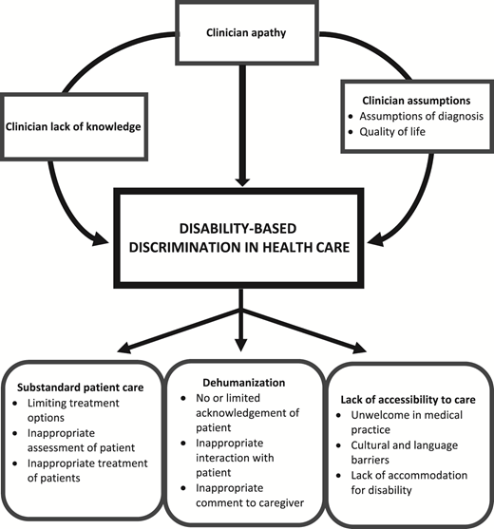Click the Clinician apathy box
click(x=247, y=30)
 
